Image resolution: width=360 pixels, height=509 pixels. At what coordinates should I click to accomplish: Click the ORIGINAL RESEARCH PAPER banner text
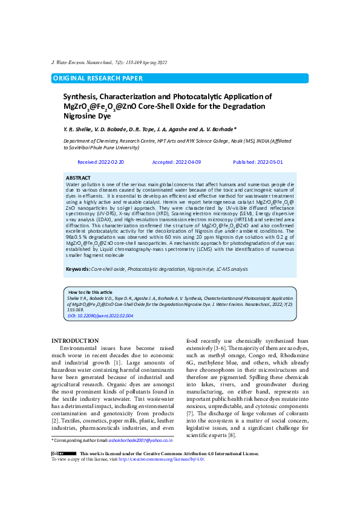pyautogui.click(x=98, y=79)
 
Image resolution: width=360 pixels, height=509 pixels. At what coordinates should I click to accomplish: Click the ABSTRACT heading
pyautogui.click(x=78, y=178)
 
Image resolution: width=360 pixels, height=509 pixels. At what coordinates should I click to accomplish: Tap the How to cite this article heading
pyautogui.click(x=90, y=292)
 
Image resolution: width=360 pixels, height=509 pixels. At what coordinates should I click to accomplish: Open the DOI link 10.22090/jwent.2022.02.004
pyautogui.click(x=100, y=316)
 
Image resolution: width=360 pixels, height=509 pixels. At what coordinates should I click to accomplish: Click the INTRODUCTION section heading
pyautogui.click(x=75, y=342)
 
